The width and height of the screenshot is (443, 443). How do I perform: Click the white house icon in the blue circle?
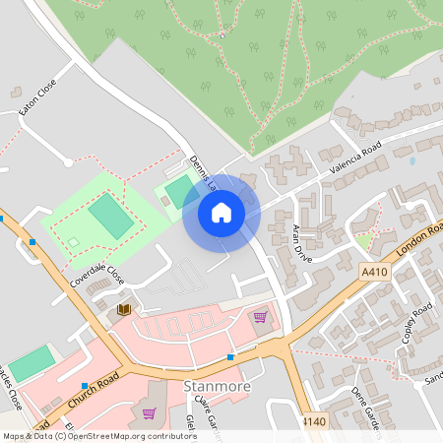tap(221, 213)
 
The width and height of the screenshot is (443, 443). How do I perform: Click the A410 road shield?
tap(375, 271)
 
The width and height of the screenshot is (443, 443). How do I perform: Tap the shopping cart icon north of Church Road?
tap(260, 317)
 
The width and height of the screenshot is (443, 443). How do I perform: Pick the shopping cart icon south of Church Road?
tap(149, 413)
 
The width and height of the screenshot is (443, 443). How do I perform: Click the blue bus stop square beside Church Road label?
tap(86, 386)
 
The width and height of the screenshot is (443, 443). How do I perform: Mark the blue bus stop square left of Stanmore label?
tap(230, 356)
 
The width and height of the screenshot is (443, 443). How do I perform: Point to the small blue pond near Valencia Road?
tap(411, 159)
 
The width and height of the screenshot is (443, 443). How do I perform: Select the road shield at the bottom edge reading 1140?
tap(313, 421)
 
